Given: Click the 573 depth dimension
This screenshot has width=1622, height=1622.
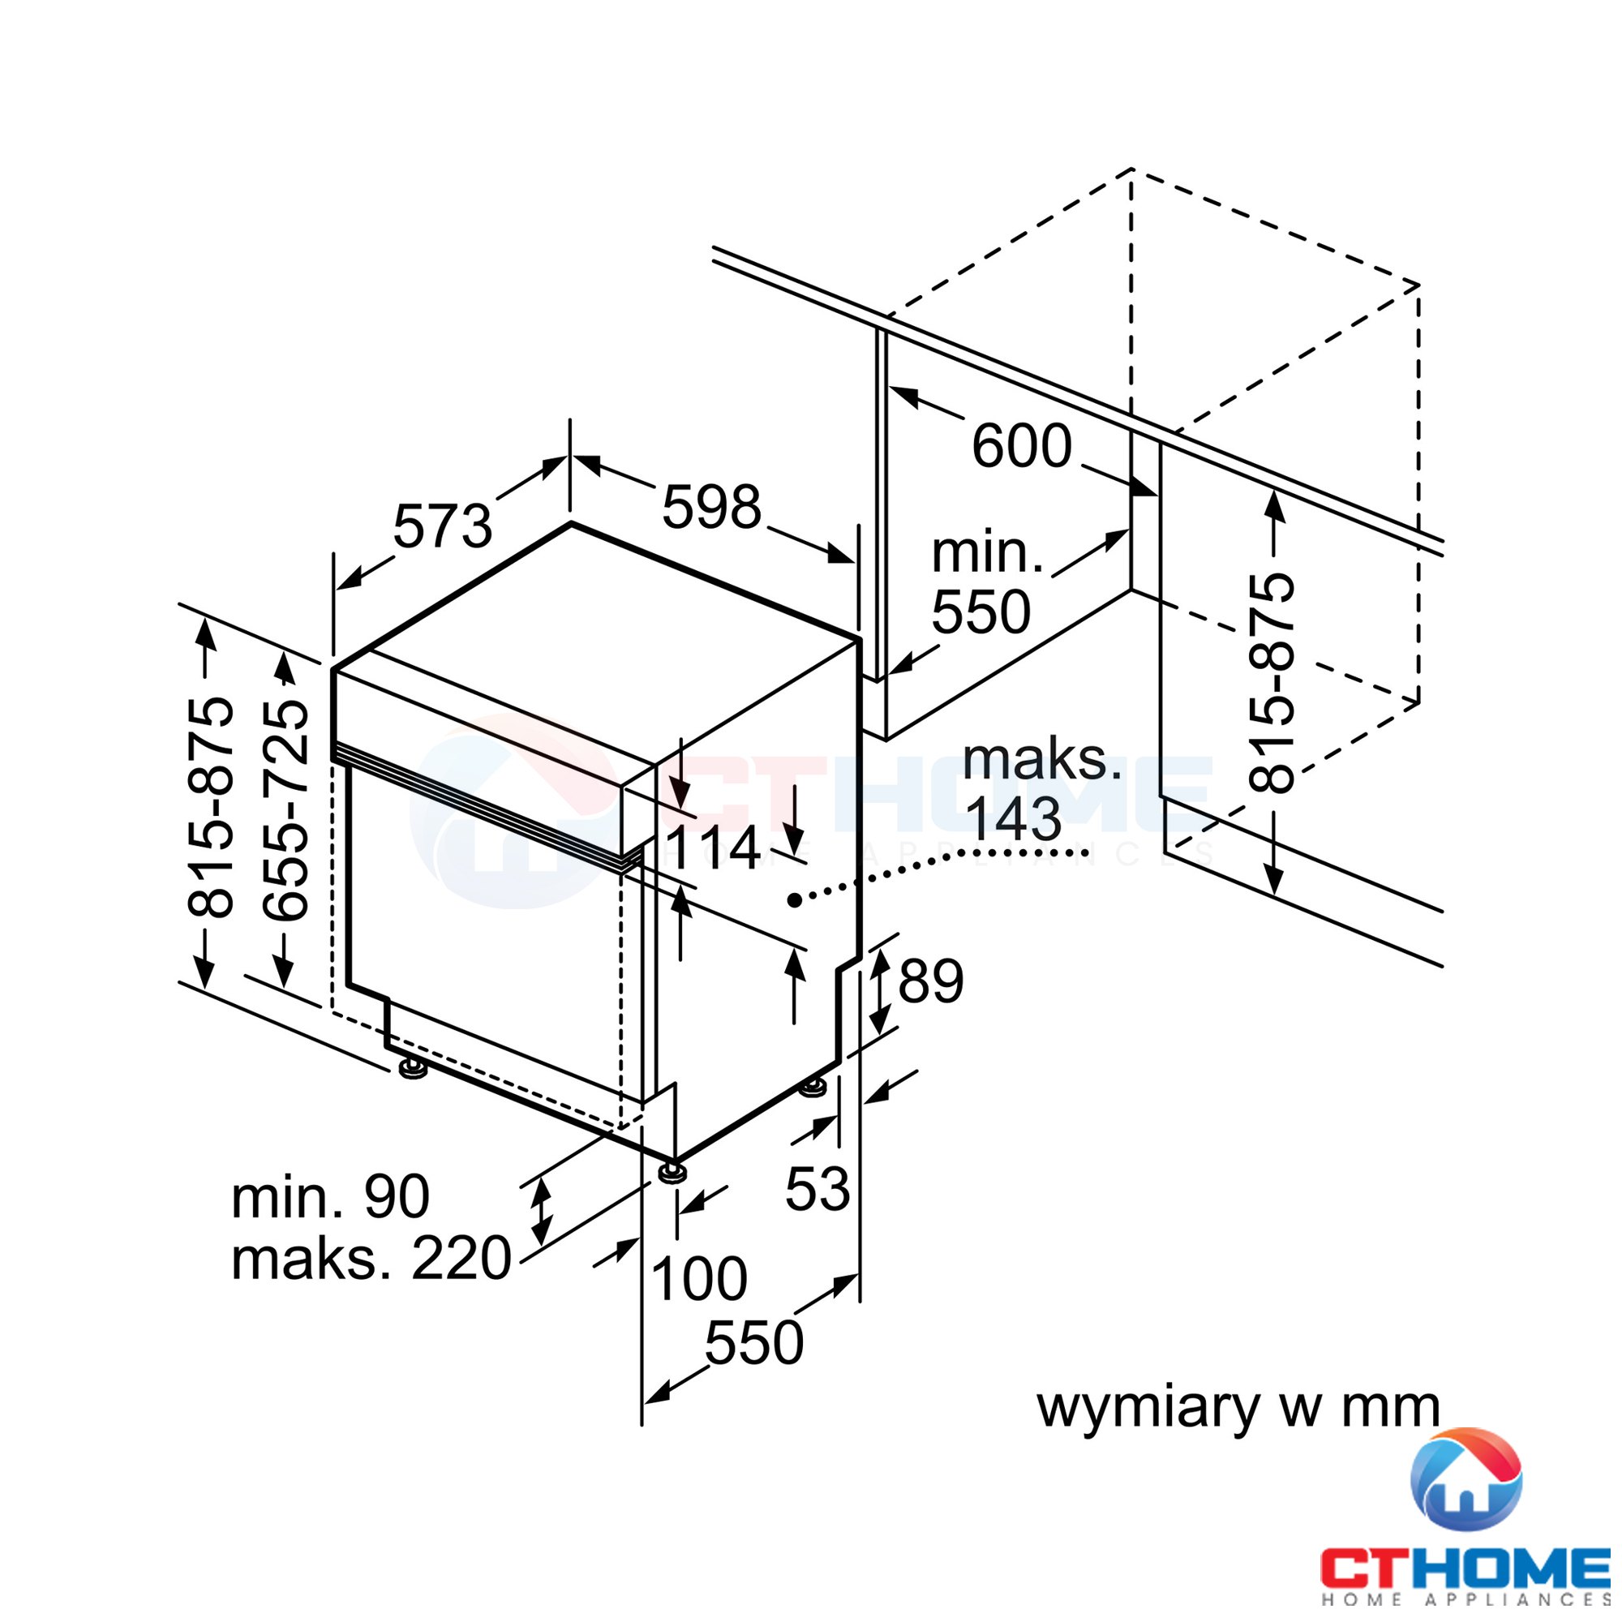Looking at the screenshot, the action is [443, 526].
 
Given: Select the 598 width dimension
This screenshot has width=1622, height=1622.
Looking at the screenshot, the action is [711, 507].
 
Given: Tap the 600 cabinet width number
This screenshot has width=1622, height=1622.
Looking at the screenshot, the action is [1022, 445].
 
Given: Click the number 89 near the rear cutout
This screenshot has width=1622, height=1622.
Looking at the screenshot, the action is [931, 980].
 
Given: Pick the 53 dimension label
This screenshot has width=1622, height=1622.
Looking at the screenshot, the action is [817, 1189].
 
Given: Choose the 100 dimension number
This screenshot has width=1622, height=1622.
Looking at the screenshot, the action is [698, 1279].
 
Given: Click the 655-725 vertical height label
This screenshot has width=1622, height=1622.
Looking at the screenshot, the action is [285, 811].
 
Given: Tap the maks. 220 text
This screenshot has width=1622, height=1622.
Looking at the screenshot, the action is [371, 1259].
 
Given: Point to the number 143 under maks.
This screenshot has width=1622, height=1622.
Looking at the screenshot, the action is [1013, 818].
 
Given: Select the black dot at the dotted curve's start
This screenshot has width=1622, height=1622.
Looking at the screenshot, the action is [794, 901].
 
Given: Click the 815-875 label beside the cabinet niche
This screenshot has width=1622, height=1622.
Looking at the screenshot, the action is [1272, 683].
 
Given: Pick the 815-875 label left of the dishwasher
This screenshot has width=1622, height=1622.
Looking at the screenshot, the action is [210, 807].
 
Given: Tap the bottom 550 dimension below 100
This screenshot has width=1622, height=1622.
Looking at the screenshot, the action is [754, 1342].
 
